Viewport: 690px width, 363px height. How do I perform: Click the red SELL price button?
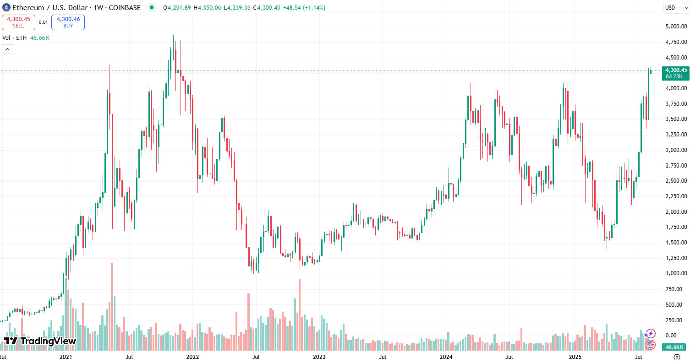point(18,22)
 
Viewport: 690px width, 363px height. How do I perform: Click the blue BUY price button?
point(68,22)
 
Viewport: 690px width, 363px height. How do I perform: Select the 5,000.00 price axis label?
point(676,27)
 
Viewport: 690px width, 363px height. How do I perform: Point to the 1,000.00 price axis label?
point(676,273)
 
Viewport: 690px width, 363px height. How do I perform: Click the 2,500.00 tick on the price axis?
point(676,181)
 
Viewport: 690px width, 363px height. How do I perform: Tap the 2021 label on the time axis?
point(66,356)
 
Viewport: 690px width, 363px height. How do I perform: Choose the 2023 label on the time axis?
point(319,356)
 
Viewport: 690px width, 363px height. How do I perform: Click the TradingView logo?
point(39,341)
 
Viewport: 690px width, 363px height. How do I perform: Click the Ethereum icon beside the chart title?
point(6,7)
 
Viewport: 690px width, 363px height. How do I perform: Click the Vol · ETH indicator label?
point(15,38)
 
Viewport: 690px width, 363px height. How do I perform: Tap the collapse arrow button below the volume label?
point(7,49)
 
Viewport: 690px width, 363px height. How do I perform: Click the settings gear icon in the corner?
point(677,357)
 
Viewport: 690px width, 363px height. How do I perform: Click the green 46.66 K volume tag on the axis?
point(674,347)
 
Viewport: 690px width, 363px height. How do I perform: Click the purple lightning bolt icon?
point(650,334)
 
